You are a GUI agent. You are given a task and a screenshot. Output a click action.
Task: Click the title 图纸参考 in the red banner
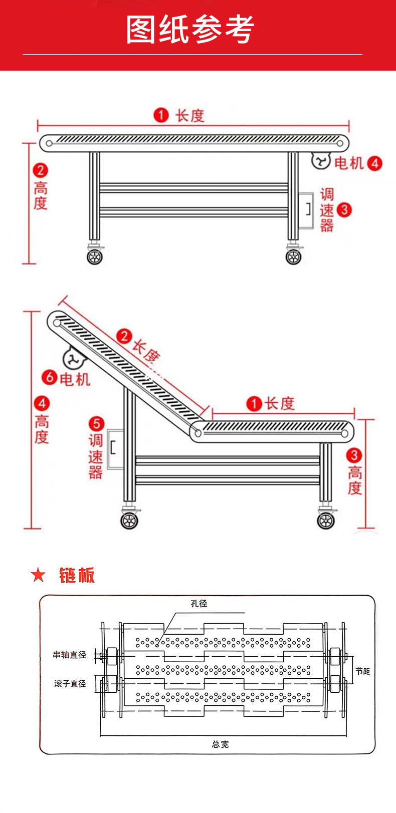190,30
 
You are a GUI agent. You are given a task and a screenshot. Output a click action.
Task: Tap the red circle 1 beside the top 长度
161,115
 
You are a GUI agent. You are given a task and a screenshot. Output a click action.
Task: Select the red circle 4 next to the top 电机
374,163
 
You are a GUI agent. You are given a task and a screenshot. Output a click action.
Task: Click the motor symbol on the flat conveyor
320,161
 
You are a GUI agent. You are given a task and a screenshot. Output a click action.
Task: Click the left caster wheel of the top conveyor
95,256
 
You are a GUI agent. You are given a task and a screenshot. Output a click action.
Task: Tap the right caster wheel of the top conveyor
293,256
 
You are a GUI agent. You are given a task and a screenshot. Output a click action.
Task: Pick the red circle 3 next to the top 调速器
344,209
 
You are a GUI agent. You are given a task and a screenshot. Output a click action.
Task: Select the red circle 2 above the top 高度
41,170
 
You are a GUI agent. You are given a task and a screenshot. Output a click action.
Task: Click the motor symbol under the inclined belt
73,359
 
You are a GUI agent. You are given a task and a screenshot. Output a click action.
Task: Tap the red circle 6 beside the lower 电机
50,377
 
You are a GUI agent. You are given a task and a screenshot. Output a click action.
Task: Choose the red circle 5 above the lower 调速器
96,424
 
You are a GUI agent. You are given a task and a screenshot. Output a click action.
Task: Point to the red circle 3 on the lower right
354,455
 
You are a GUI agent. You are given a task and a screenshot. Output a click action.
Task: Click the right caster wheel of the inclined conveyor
326,520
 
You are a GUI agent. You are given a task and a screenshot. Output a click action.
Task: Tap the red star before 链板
38,576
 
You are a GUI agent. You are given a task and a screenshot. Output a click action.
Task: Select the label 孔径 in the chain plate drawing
199,604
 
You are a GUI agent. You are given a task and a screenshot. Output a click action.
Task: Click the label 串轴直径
70,655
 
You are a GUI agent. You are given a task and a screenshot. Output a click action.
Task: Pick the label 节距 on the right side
362,671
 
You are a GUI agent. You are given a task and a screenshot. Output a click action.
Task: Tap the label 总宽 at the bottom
221,744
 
